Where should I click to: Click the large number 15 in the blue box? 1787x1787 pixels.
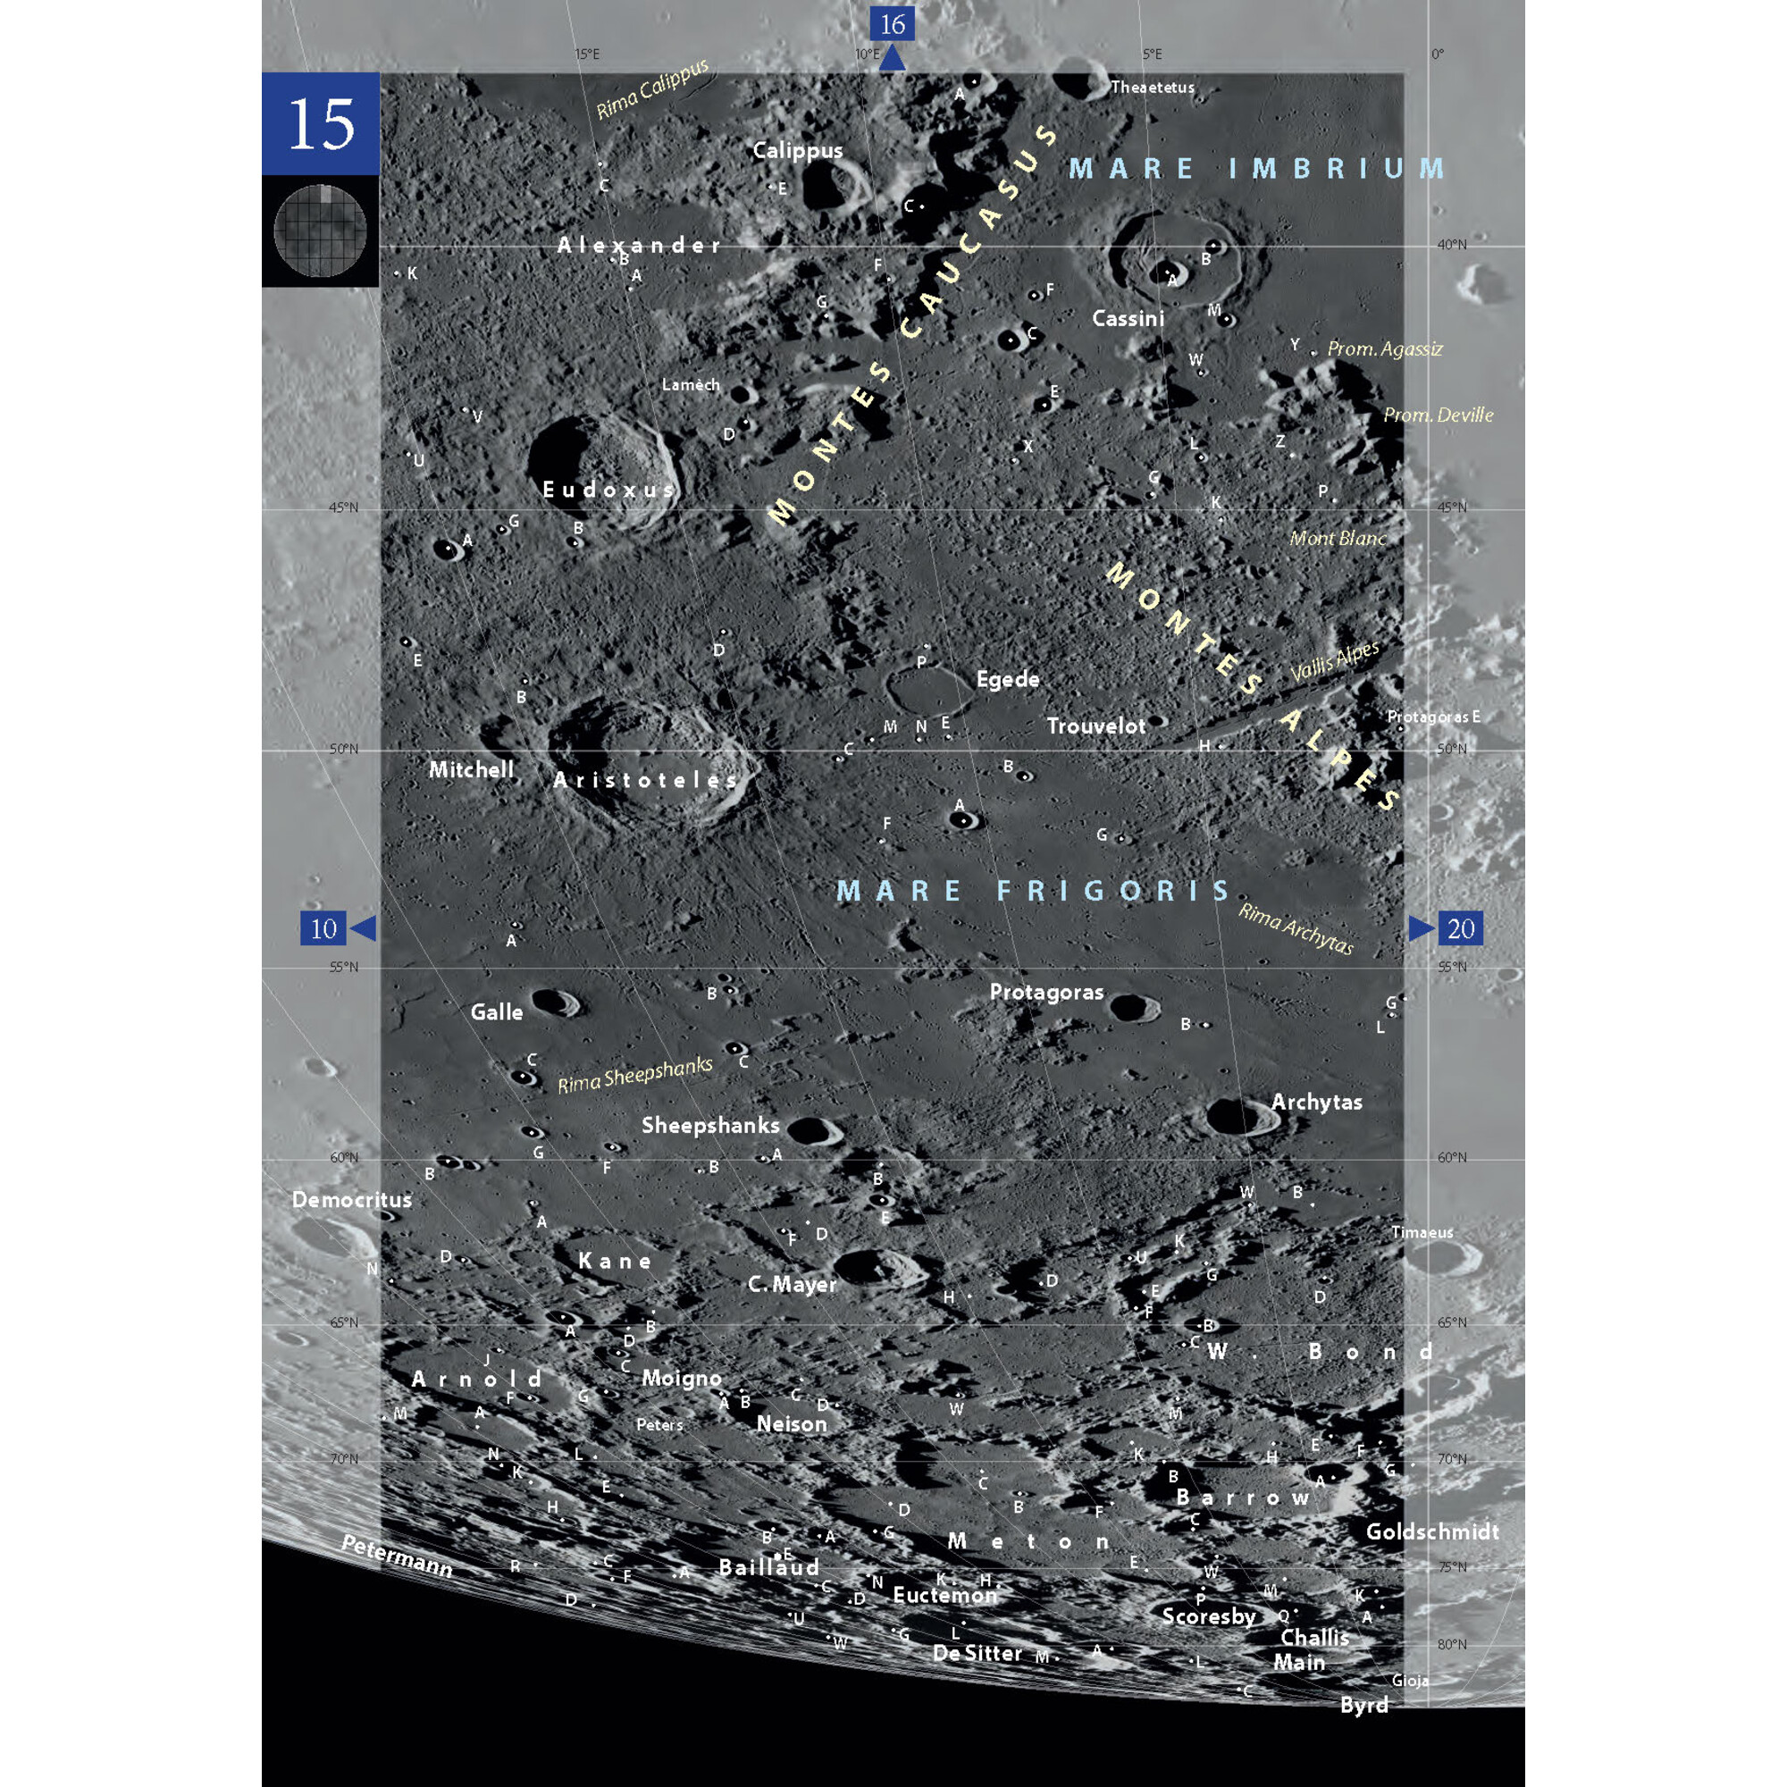coord(321,124)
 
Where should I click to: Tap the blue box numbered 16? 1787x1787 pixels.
coord(892,24)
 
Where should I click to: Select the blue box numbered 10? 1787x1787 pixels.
coord(323,928)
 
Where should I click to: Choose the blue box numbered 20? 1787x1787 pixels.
coord(1460,928)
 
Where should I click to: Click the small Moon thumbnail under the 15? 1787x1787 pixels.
coord(320,231)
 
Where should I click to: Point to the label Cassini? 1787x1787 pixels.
coord(1128,318)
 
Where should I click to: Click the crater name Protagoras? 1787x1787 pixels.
coord(1046,992)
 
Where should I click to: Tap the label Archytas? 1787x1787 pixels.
coord(1316,1102)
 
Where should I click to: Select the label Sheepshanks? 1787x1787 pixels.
coord(710,1125)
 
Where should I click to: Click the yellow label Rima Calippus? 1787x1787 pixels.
coord(652,88)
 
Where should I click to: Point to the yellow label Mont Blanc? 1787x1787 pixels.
coord(1338,537)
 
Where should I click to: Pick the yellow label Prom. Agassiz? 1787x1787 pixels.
coord(1385,348)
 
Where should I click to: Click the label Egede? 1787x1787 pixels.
coord(1007,679)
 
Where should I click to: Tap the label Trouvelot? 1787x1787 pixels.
coord(1096,726)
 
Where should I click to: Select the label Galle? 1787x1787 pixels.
coord(497,1012)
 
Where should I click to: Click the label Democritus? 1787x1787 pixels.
coord(351,1200)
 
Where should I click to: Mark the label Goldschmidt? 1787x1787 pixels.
coord(1431,1531)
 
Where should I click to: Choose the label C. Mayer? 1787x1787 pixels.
coord(792,1284)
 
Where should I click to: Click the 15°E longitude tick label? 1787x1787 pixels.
coord(587,55)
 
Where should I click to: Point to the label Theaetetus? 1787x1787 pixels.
coord(1153,88)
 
